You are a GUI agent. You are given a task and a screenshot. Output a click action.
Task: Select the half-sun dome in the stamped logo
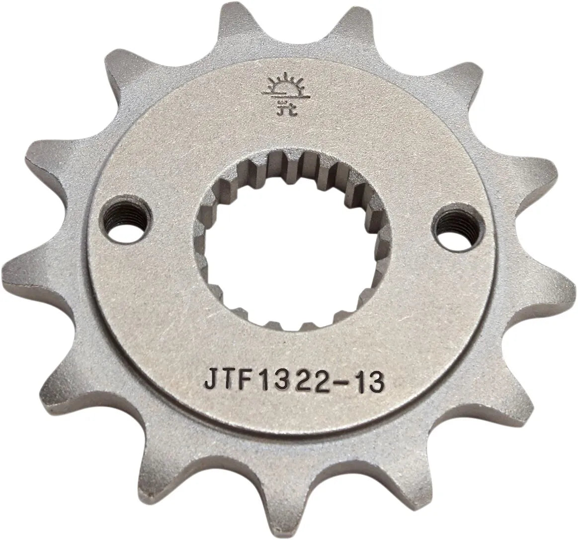278,88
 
